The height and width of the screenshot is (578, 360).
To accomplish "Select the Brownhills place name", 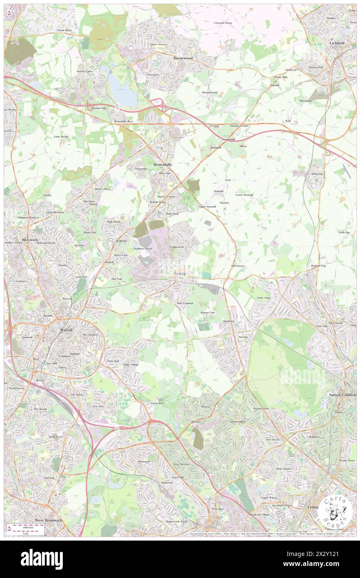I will point(163,165).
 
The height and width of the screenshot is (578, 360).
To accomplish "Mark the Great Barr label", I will point(157,403).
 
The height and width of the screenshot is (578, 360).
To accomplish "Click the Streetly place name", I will point(243,337).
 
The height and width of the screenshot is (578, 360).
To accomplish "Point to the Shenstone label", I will point(317,173).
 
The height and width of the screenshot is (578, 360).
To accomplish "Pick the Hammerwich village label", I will point(209,92).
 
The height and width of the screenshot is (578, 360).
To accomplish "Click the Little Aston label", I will point(264,298).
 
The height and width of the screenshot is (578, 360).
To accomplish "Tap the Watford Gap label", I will point(318,265).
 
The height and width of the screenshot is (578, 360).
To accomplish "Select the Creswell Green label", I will point(223,23).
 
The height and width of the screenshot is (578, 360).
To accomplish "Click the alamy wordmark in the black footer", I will point(42,559).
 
